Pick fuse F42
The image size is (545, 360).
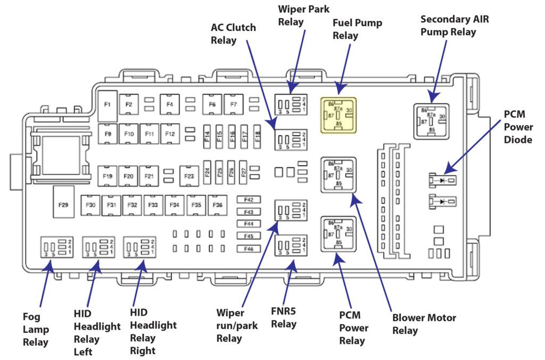click(x=249, y=200)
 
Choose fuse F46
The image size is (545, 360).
click(x=249, y=249)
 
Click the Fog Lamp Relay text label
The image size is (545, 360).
click(x=36, y=330)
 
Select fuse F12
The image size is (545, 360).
click(x=170, y=134)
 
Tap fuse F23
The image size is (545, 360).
click(x=189, y=175)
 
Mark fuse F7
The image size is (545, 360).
click(x=233, y=104)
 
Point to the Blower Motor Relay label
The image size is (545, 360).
click(x=424, y=324)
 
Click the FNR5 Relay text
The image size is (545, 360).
click(x=284, y=317)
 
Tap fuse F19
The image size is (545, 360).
click(x=108, y=175)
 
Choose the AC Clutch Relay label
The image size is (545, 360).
click(x=233, y=34)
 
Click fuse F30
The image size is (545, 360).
click(x=91, y=204)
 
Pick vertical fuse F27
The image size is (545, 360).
click(x=243, y=172)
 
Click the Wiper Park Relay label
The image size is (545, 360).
click(x=304, y=15)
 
